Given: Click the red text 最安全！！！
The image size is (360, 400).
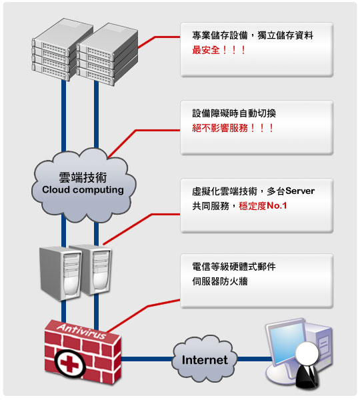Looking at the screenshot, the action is pos(219,50).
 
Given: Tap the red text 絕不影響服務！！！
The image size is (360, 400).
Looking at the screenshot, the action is pos(233,128).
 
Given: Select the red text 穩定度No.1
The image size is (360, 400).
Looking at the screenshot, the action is pos(263,205).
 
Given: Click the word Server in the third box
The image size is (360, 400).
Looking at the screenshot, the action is pos(300,191).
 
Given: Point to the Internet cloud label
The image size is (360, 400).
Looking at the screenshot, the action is pos(205,360).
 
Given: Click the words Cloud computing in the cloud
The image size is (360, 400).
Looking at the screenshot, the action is pos(83,190).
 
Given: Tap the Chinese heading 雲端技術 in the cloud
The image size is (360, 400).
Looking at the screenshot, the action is pos(83,177).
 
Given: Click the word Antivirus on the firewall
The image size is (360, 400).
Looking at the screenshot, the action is pos(81,331).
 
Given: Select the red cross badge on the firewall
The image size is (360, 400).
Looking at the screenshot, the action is pos(69,363).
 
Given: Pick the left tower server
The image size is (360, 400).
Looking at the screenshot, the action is pos(61,273).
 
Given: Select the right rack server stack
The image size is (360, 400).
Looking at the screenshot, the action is pos(108,54).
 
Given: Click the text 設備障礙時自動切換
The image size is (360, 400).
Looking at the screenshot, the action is pos(234,113).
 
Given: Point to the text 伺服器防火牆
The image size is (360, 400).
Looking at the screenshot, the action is pos(220,281).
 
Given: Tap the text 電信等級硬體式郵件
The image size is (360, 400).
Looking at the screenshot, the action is pos(234,267).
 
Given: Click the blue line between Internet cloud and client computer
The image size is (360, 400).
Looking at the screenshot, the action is pos(253,359).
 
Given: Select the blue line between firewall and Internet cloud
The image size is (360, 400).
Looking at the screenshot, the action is pos(147,359).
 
